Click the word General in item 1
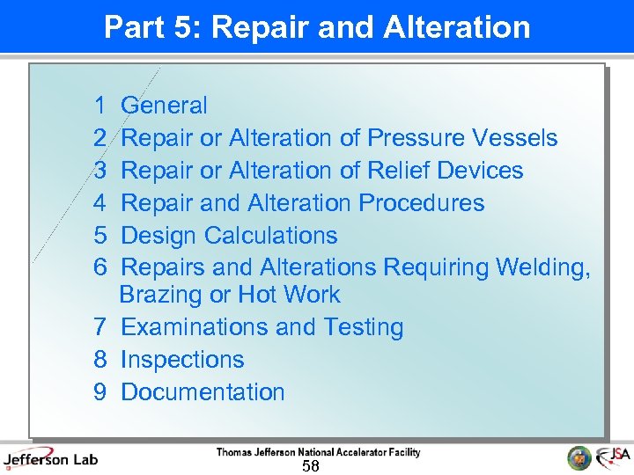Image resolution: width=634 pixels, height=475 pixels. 164,106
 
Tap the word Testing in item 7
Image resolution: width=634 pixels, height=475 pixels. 363,327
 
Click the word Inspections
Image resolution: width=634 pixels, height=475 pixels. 182,360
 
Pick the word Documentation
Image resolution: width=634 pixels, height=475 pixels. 203,392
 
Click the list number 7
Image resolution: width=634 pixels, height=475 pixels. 100,327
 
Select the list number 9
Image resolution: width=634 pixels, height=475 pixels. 100,392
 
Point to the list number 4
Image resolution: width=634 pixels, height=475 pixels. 100,203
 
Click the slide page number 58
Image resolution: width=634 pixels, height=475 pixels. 310,466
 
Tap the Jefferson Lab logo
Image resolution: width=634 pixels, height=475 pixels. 50,458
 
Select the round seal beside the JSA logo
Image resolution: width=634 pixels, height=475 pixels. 579,457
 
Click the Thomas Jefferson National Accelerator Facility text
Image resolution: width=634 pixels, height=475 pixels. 319,452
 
